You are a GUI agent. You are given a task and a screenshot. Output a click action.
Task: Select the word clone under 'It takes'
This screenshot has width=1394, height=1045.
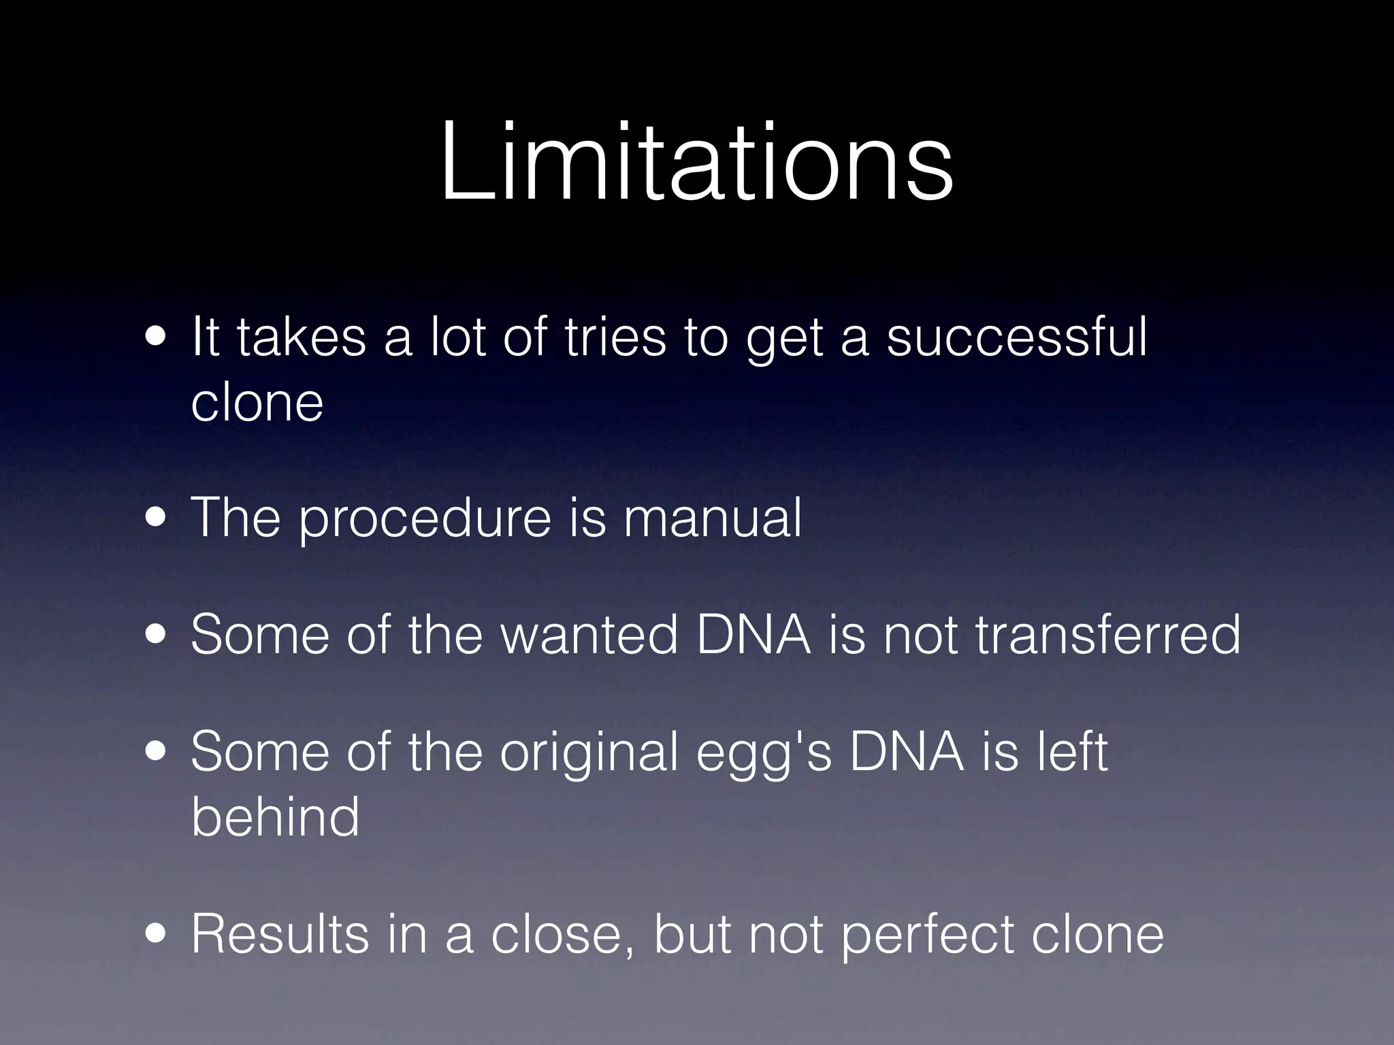point(257,402)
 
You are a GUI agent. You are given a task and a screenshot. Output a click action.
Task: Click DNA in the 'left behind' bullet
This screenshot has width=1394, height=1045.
point(907,752)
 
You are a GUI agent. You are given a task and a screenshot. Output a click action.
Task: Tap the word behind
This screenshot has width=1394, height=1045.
point(274,816)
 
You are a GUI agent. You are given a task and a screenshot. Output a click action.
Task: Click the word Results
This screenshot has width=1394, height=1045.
point(280,933)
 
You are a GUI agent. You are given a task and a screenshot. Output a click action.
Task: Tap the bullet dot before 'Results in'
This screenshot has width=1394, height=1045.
point(157,935)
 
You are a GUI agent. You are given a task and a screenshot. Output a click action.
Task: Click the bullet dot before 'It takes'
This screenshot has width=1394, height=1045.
point(157,338)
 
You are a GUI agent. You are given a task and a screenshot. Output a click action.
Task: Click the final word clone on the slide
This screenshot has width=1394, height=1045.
point(1097,933)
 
